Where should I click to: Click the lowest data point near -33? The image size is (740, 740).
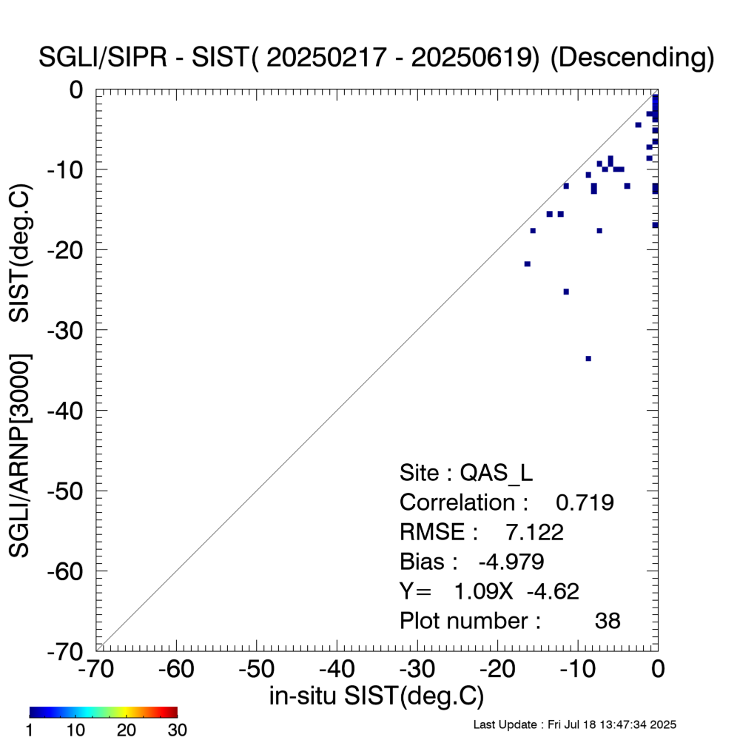point(588,358)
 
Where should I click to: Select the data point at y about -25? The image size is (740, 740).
point(566,292)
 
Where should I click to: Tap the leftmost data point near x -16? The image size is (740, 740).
point(527,263)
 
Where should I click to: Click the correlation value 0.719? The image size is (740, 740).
point(585,502)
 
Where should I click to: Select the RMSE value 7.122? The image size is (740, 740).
point(534,532)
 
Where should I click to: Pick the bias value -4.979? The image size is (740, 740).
point(511,562)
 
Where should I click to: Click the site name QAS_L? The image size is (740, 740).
point(497,473)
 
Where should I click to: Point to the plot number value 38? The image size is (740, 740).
point(608,621)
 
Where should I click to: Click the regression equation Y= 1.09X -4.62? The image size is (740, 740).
point(489,591)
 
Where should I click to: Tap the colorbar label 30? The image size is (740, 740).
point(177,730)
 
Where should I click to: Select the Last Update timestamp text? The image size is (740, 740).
point(574,724)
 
